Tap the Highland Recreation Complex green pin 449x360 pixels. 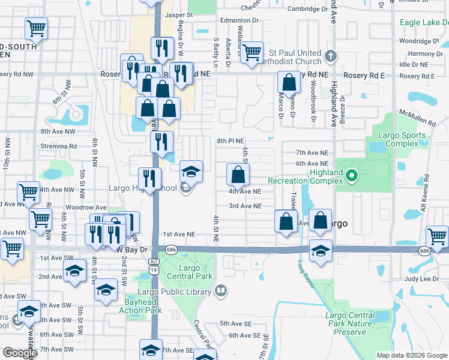click(x=352, y=176)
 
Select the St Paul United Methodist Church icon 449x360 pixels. click(x=330, y=56)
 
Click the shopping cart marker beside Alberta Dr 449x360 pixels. click(x=252, y=52)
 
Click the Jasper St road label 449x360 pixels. click(x=179, y=14)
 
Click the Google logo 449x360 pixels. click(x=20, y=353)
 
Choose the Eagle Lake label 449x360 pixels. click(x=423, y=22)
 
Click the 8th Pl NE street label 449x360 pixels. click(x=231, y=141)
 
